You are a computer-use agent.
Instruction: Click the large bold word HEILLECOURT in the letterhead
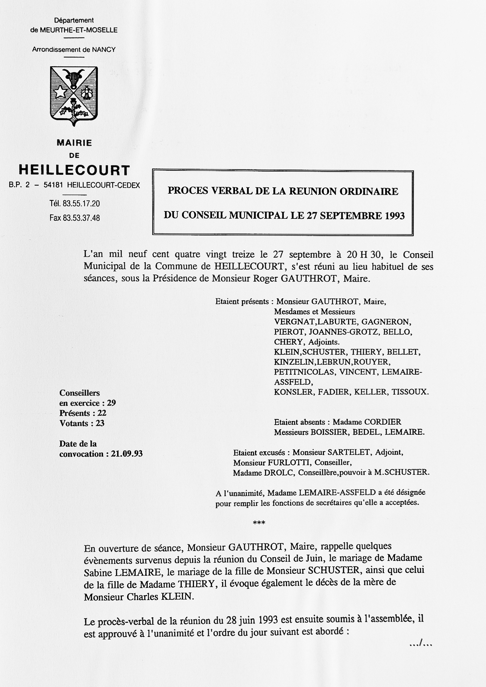74,170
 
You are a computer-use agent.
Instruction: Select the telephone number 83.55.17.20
81,204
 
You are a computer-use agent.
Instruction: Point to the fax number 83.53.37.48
81,218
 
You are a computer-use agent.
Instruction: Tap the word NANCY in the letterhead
104,50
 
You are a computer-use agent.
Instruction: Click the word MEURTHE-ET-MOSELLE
78,30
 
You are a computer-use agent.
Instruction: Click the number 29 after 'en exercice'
111,403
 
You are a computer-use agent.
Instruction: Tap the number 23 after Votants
100,423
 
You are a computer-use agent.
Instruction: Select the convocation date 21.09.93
127,454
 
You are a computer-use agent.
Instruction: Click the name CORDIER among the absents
382,422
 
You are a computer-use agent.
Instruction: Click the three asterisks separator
259,523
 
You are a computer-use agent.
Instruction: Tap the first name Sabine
98,573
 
